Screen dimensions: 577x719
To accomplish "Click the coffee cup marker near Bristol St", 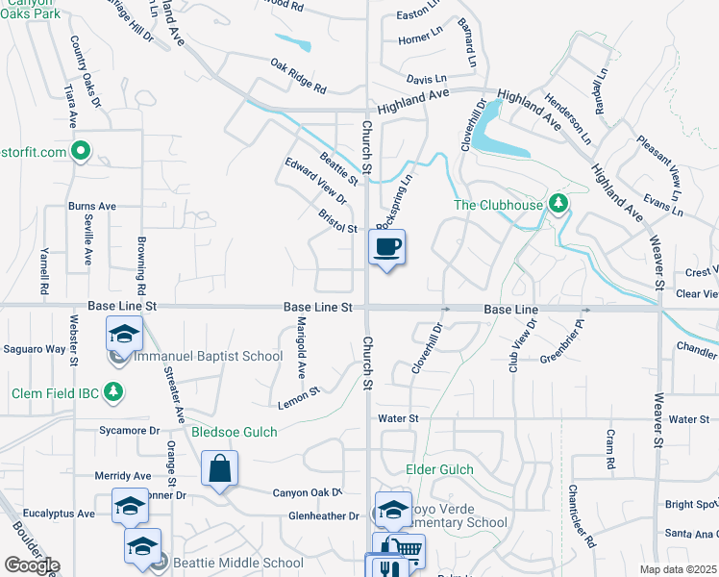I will click(386, 247).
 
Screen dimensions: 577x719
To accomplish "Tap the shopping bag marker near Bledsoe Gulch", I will click(220, 469).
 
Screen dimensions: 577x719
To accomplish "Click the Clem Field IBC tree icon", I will click(113, 392).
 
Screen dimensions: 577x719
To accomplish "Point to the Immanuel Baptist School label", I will click(209, 356).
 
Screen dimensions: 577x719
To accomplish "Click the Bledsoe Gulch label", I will click(235, 433).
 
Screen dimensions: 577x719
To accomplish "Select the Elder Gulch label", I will click(440, 469).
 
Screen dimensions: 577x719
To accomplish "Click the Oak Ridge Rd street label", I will click(299, 77).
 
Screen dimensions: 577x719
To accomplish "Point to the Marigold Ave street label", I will click(301, 346).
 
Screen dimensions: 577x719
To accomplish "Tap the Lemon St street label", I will click(299, 396).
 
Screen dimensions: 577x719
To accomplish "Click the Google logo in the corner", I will click(32, 565).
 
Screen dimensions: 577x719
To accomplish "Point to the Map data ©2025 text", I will click(678, 569).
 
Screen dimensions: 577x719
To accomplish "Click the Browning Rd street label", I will click(141, 265).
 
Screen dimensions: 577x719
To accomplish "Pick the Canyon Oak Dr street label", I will click(308, 493).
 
